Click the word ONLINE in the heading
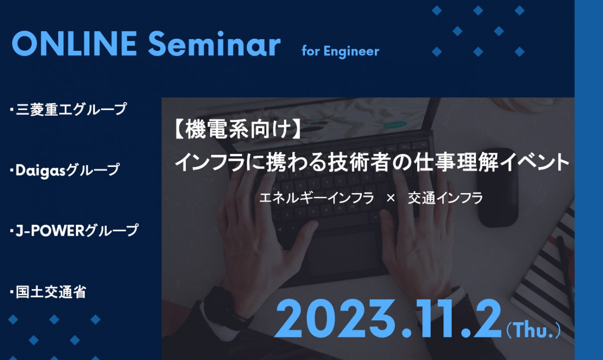click(x=74, y=43)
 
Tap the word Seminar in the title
click(x=214, y=43)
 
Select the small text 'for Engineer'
click(x=340, y=51)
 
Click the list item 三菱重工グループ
click(x=68, y=109)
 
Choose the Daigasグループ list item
click(x=65, y=170)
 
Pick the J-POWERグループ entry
click(x=74, y=230)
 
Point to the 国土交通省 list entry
click(x=48, y=292)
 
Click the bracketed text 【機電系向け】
click(x=237, y=130)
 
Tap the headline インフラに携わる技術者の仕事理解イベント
click(x=372, y=163)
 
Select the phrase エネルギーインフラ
click(x=317, y=198)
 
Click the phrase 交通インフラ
click(x=445, y=198)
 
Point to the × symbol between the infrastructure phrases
click(x=390, y=199)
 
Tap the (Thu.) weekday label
click(x=533, y=330)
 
